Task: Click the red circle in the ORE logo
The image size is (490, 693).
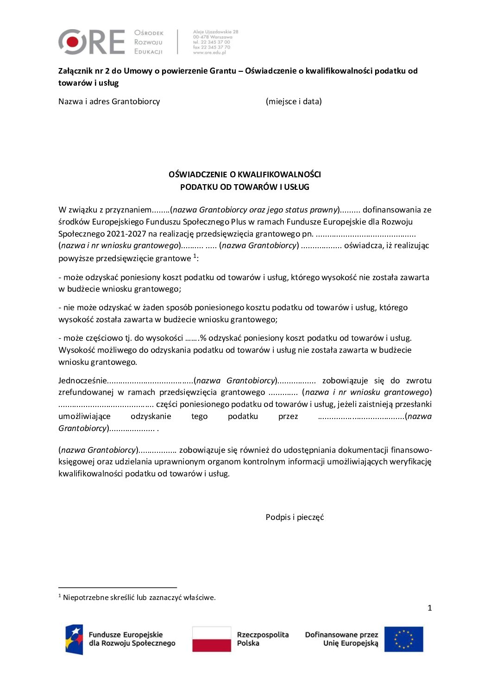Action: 72,42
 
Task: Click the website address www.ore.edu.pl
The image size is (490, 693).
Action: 209,53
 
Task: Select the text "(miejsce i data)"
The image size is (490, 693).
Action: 294,101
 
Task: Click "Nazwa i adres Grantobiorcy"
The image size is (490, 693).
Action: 109,101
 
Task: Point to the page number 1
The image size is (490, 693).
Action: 429,608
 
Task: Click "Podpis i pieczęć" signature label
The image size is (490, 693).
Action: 295,517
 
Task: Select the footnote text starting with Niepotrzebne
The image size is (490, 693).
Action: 139,598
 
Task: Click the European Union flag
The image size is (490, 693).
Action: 403,639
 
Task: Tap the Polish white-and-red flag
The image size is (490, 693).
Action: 212,639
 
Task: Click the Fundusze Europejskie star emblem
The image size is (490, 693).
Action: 74,639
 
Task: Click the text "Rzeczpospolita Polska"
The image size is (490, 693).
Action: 263,639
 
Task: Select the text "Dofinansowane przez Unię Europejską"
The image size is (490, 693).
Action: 341,639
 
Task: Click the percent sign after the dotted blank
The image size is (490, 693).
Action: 203,338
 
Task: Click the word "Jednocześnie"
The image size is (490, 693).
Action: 82,381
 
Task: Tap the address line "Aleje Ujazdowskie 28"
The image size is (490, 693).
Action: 215,32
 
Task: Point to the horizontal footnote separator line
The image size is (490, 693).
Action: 118,587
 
